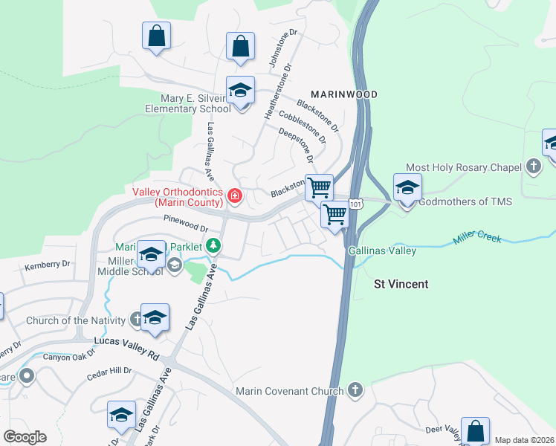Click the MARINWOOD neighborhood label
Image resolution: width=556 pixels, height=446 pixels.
coord(344,94)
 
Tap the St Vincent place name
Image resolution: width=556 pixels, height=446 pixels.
coord(401,284)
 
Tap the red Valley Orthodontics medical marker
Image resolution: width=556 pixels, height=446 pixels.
coord(235,196)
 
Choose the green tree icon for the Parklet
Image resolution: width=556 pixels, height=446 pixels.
coord(213,245)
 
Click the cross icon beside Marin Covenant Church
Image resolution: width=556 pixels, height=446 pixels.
coord(355,390)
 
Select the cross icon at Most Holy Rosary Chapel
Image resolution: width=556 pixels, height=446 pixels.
coord(533,167)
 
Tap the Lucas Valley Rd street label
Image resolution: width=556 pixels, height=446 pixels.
coord(127,349)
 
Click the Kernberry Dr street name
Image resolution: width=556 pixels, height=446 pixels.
coord(47,264)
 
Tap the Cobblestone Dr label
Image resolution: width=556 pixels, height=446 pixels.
coord(302,127)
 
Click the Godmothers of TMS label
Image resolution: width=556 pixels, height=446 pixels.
coord(465,201)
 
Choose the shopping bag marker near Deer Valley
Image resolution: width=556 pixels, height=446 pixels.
coord(475,431)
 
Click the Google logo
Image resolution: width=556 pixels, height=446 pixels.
coord(25,437)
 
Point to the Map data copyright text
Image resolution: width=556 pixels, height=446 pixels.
coord(523,440)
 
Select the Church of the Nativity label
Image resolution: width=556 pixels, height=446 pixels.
coord(76,321)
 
